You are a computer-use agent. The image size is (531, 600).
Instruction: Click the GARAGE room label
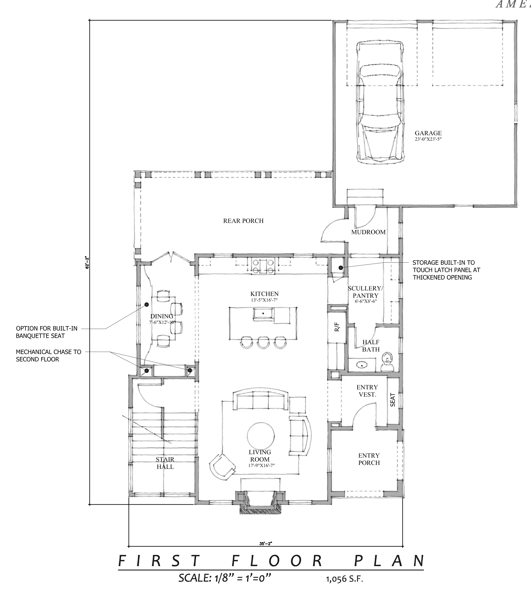(428, 133)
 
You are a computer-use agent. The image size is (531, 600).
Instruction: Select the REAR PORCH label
(243, 221)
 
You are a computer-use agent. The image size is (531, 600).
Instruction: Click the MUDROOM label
(368, 232)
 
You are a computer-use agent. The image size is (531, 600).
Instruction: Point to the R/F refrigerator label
(337, 327)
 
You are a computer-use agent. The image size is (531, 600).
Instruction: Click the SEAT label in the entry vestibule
(393, 400)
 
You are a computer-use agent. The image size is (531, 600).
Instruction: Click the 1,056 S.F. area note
(344, 579)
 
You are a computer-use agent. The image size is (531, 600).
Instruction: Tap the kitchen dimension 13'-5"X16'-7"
(264, 300)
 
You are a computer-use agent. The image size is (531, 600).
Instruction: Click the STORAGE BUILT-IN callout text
(446, 270)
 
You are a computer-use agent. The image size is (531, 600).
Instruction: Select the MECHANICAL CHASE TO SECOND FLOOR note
(49, 355)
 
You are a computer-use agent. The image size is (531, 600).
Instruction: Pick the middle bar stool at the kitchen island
(263, 342)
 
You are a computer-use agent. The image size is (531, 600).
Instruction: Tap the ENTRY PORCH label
(369, 459)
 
